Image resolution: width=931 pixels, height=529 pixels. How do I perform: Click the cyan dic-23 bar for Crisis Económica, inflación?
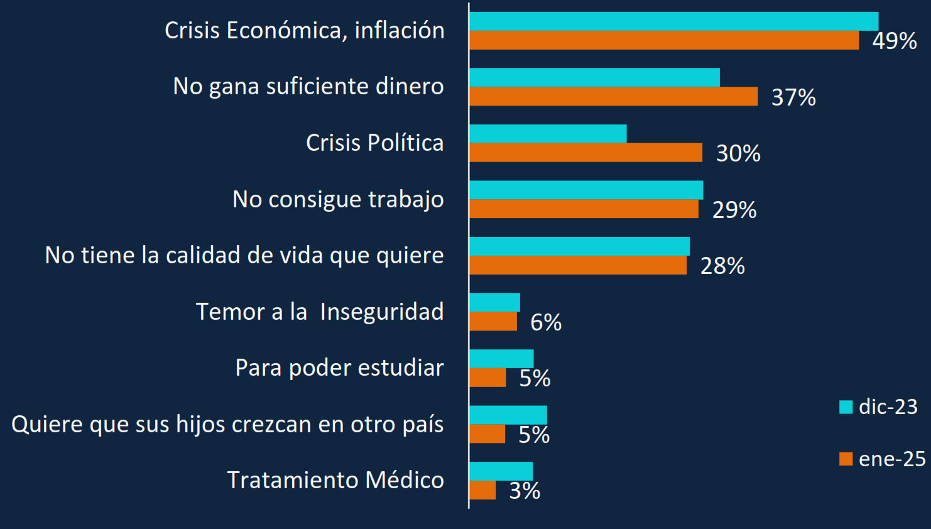pos(673,21)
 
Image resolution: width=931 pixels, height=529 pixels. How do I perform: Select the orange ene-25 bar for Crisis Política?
pos(585,153)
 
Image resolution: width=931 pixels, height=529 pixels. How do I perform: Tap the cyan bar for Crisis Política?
pos(548,134)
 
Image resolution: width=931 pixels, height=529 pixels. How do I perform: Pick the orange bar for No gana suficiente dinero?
pos(613,96)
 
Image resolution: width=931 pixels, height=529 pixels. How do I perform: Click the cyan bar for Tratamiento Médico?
pos(501,471)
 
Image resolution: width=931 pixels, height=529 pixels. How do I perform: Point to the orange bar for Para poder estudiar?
pos(487,378)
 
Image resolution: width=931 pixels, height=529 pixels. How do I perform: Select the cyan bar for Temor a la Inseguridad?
pos(494,302)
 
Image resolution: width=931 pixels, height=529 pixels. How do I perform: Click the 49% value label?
pos(894,41)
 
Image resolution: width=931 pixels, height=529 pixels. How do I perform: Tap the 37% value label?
pos(793,97)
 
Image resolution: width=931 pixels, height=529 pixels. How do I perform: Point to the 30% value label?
pos(738,153)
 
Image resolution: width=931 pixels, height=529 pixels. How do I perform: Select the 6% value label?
pos(546,322)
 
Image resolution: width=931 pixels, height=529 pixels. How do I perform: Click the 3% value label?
pos(525,491)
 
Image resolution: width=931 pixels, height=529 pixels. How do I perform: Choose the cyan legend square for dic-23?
pos(846,407)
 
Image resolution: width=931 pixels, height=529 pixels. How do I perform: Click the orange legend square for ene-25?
pos(846,459)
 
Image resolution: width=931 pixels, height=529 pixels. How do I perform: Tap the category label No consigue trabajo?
pos(338,199)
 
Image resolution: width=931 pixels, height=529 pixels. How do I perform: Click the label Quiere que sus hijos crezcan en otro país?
pos(227,424)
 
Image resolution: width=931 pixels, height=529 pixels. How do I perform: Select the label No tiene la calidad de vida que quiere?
pos(244,256)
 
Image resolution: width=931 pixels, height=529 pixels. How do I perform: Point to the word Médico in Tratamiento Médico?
pos(405,480)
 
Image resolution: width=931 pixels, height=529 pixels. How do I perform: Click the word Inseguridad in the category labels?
pos(382,312)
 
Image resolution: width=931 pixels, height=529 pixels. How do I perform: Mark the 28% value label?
pos(722,266)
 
